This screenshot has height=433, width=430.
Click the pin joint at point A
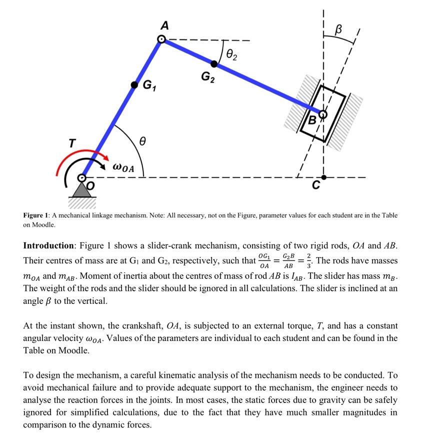(161, 39)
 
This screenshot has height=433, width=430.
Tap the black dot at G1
(134, 85)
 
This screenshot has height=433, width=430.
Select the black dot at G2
(214, 64)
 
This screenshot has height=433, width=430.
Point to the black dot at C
(323, 177)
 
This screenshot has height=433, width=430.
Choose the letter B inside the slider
(312, 120)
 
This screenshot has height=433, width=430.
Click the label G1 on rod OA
(149, 86)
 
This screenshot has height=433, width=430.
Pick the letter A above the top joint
(163, 25)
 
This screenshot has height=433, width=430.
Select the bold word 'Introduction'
(48, 246)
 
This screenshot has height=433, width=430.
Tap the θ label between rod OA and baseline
(142, 143)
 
